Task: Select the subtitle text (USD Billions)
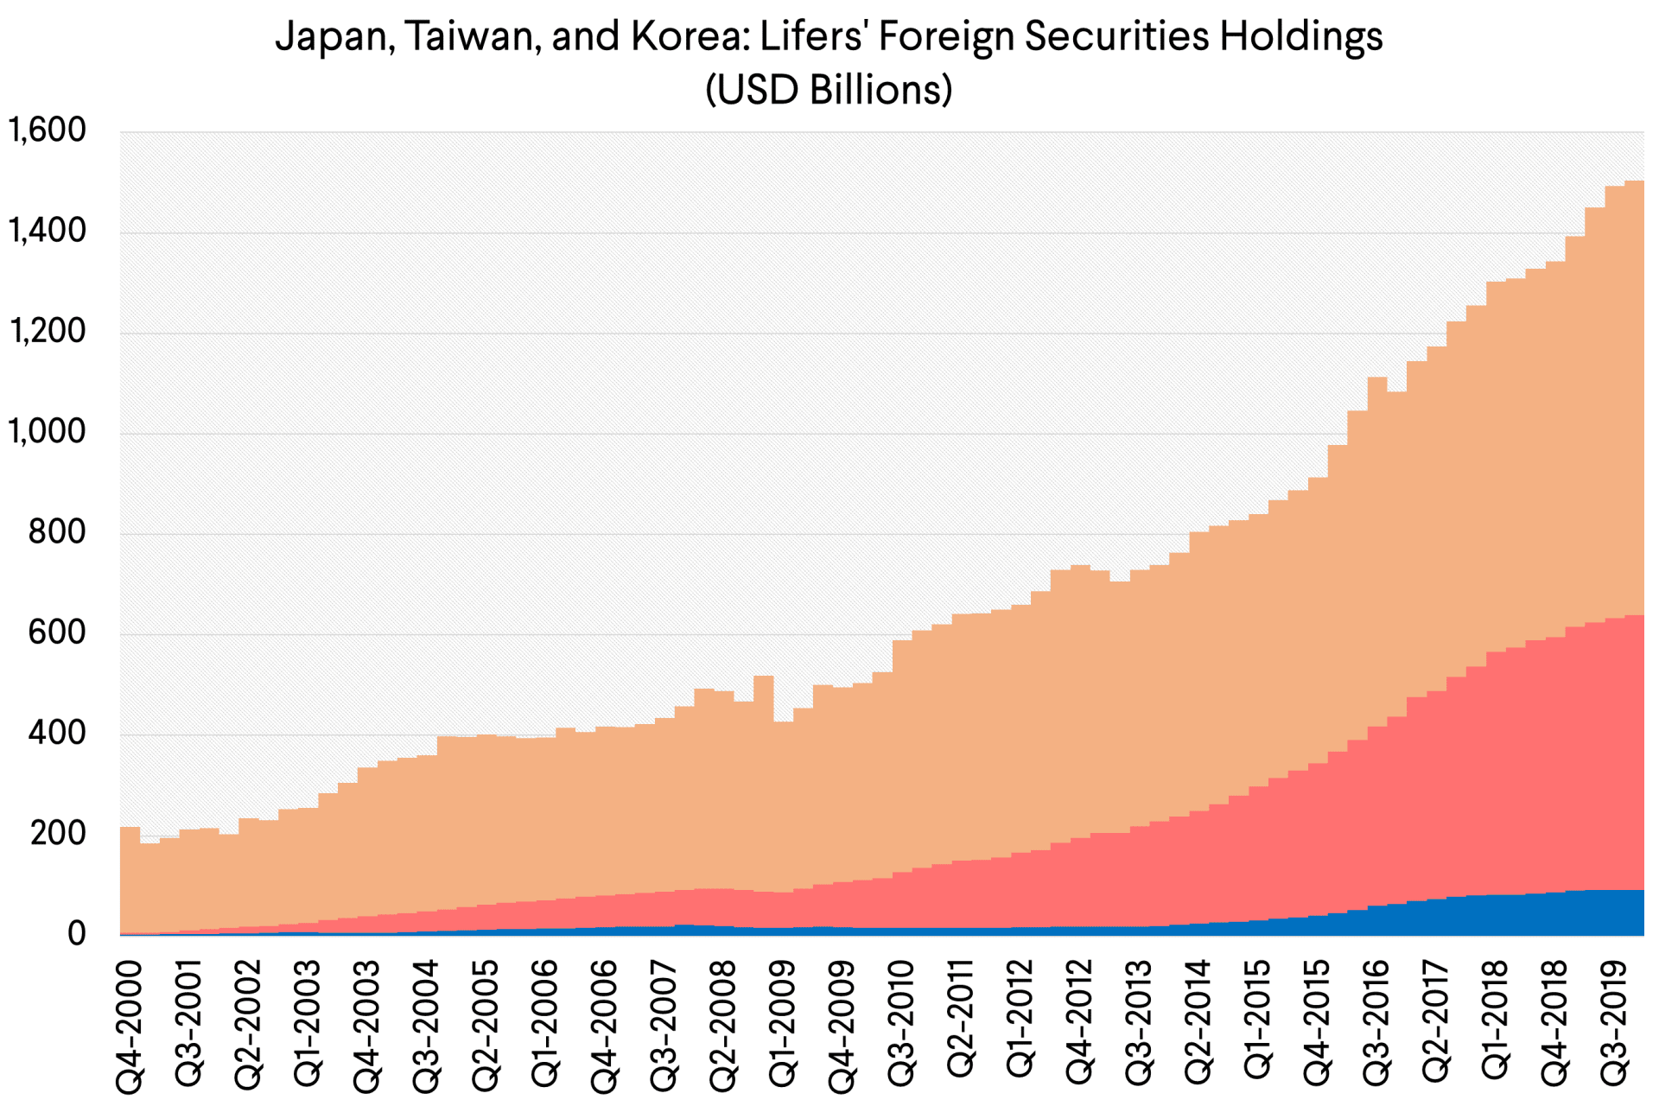(829, 89)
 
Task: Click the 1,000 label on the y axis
(48, 432)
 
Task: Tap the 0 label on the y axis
(77, 934)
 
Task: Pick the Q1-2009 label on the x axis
(783, 1023)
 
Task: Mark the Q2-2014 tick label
(1198, 1023)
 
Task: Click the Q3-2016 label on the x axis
(1377, 1023)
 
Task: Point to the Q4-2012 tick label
(1080, 1023)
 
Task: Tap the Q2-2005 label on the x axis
(486, 1023)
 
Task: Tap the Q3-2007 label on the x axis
(664, 1023)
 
